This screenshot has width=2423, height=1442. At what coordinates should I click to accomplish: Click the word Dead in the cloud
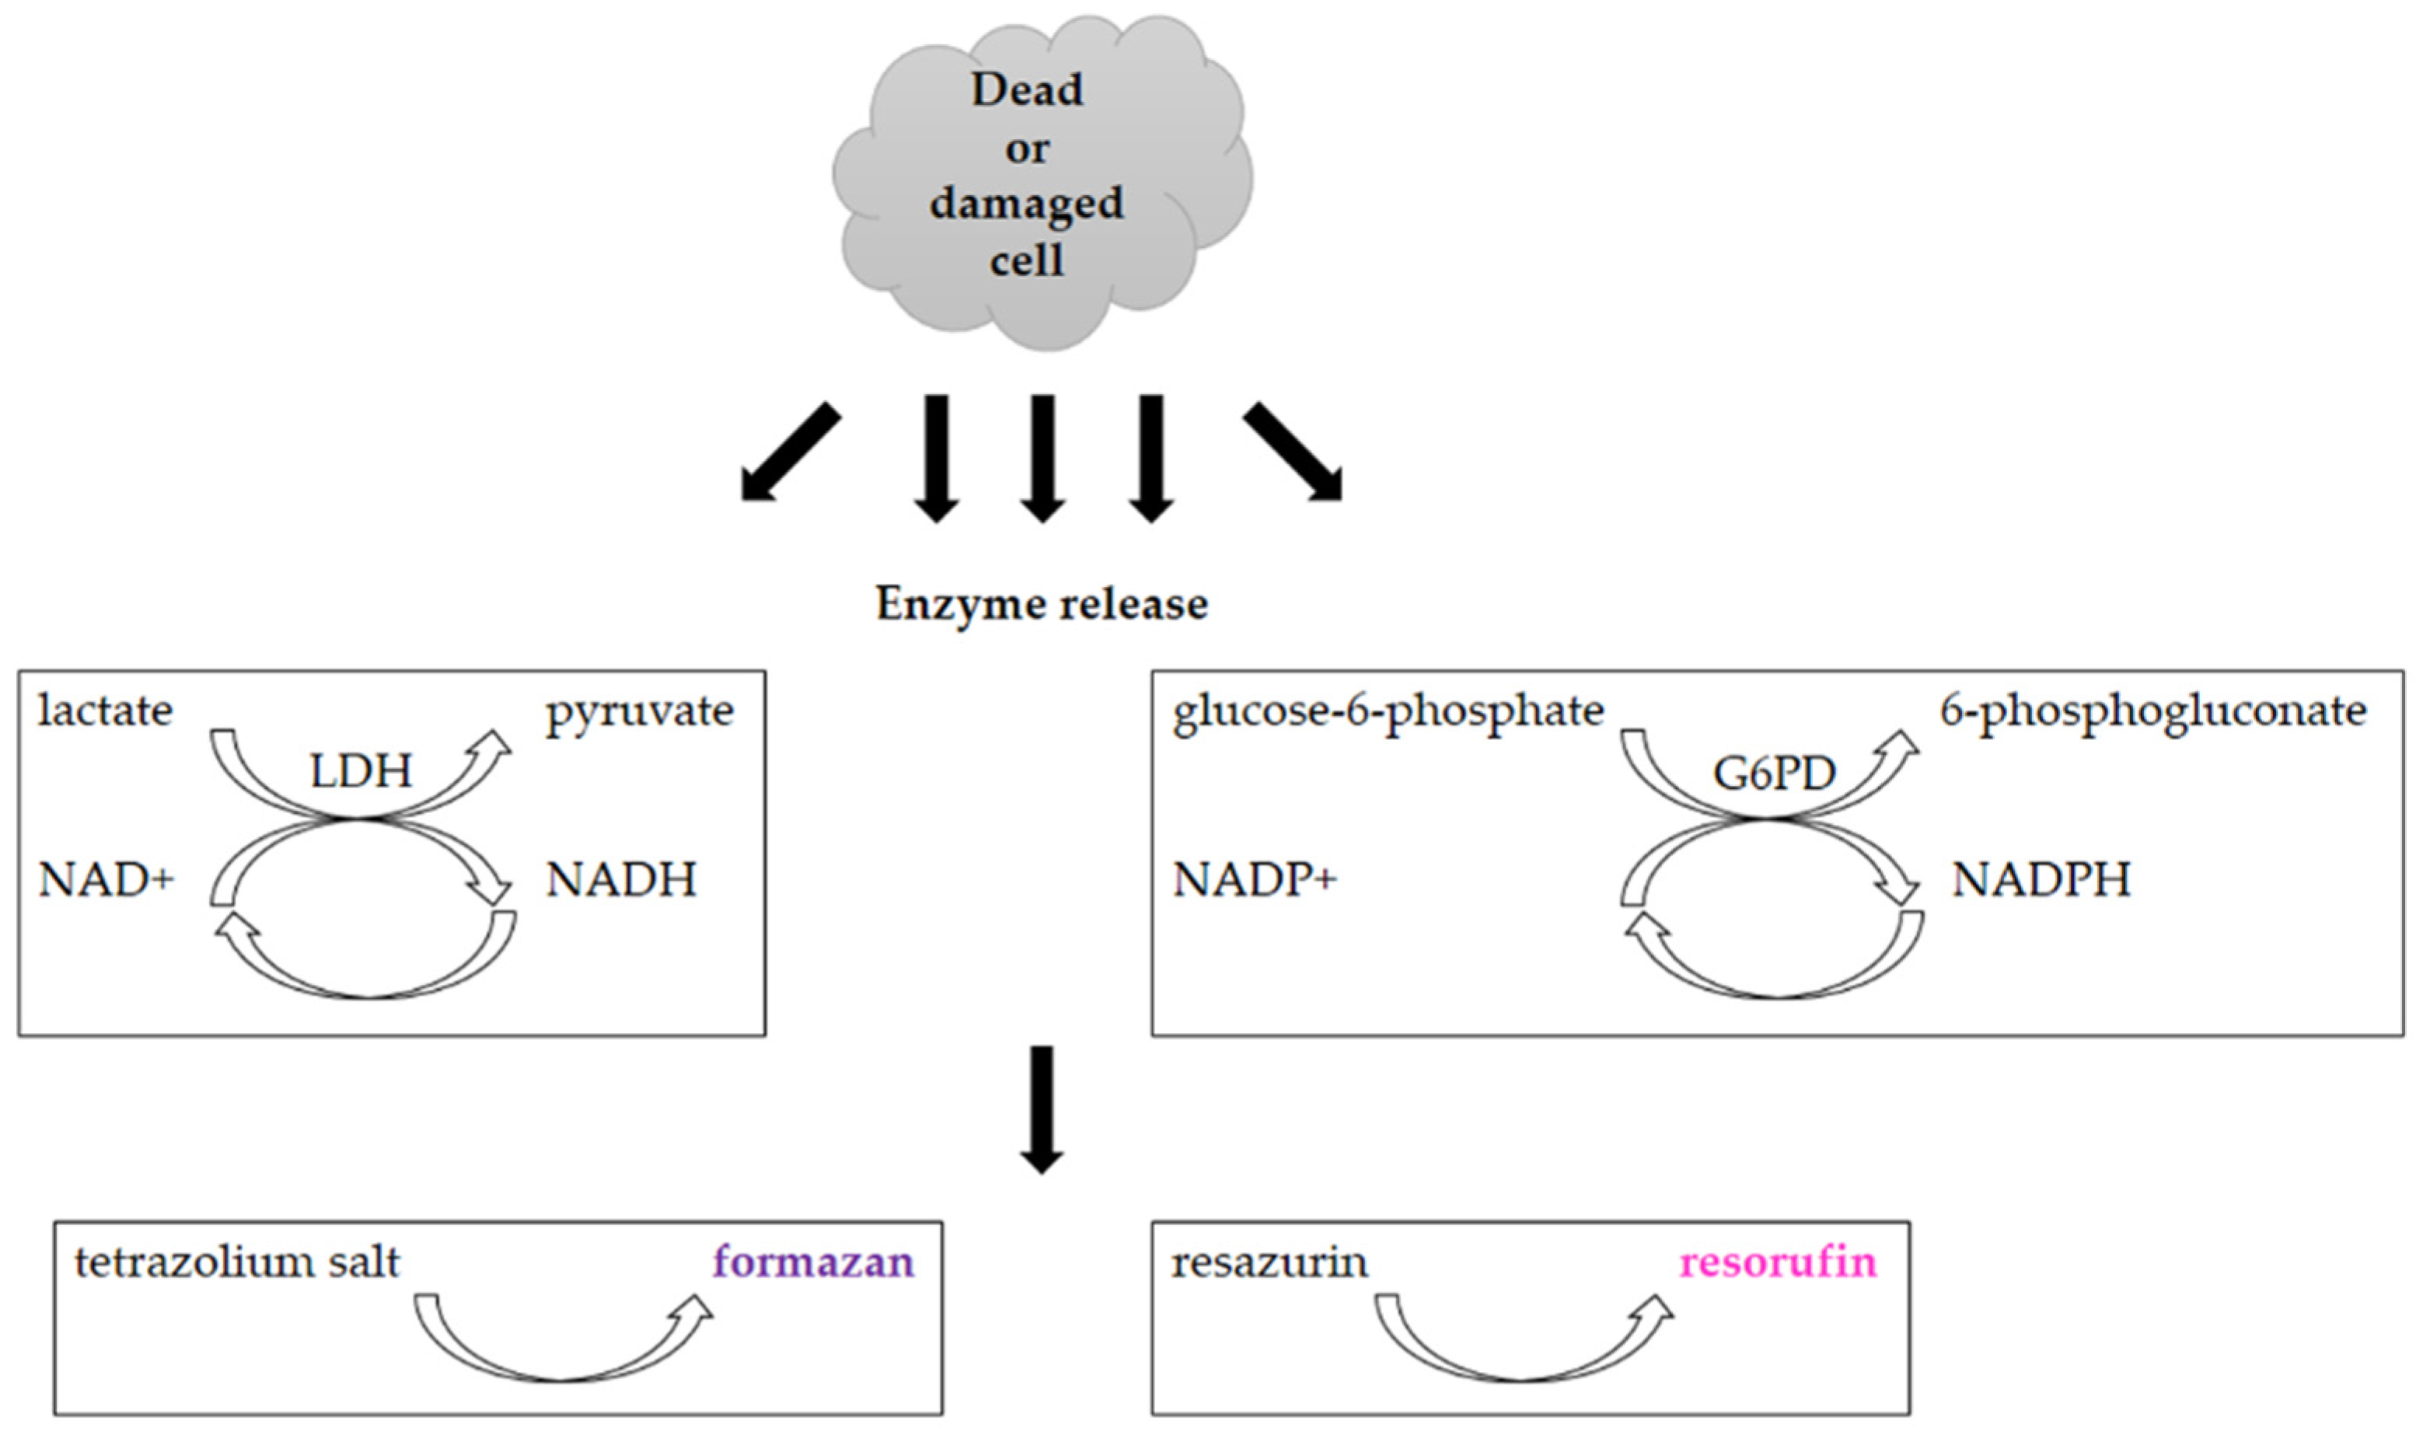pyautogui.click(x=1027, y=89)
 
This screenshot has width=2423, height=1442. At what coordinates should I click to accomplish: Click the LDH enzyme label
pyautogui.click(x=361, y=771)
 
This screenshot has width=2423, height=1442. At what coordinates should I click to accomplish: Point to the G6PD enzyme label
pyautogui.click(x=1774, y=774)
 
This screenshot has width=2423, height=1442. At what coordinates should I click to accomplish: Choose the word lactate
pyautogui.click(x=105, y=711)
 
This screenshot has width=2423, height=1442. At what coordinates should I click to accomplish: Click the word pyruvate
pyautogui.click(x=639, y=712)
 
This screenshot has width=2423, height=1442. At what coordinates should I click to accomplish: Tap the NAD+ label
pyautogui.click(x=106, y=880)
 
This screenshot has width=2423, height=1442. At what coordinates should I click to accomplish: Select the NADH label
pyautogui.click(x=621, y=880)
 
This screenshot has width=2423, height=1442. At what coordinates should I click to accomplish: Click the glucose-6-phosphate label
pyautogui.click(x=1388, y=712)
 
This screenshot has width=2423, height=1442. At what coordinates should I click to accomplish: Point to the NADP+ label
pyautogui.click(x=1254, y=880)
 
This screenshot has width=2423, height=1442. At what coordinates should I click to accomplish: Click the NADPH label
pyautogui.click(x=2041, y=880)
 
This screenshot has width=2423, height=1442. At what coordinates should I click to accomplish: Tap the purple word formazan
pyautogui.click(x=813, y=1262)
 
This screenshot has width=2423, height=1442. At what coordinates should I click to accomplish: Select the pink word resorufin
pyautogui.click(x=1778, y=1262)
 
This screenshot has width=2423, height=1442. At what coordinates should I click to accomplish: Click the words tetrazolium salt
pyautogui.click(x=237, y=1262)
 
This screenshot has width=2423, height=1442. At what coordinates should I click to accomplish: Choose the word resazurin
pyautogui.click(x=1269, y=1262)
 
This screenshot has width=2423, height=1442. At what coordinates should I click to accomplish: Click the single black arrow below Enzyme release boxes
pyautogui.click(x=1042, y=1109)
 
